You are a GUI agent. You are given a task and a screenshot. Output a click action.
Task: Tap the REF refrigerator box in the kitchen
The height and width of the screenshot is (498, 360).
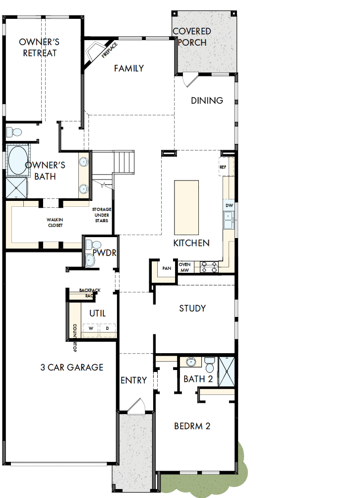[223, 167]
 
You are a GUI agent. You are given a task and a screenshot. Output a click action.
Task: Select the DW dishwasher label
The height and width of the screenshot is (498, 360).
[229, 205]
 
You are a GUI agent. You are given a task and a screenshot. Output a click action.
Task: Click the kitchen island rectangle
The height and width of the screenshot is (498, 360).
[186, 207]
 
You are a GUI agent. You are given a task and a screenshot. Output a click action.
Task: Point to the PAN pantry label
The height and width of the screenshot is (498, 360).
[166, 268]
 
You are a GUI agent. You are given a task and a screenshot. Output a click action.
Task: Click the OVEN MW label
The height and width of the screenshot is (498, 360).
[185, 267]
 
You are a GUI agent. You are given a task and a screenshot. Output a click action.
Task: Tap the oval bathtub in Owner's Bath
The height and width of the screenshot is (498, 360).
[18, 160]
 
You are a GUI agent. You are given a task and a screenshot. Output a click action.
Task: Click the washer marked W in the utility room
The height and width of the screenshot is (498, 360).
[91, 328]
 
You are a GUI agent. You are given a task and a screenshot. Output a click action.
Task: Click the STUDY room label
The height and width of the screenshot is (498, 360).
[192, 308]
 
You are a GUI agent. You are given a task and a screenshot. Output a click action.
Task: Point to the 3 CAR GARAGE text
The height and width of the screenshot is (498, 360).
[72, 367]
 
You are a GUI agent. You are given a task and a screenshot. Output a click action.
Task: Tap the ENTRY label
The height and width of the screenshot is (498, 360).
[134, 380]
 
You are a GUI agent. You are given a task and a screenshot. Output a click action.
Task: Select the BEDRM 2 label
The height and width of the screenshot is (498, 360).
[192, 426]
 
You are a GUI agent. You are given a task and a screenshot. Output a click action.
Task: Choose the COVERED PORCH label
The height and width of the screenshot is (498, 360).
[192, 37]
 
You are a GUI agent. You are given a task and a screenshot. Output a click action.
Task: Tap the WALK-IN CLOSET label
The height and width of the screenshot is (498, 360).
[55, 222]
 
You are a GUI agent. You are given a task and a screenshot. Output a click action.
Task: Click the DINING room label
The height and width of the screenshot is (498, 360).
[207, 100]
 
